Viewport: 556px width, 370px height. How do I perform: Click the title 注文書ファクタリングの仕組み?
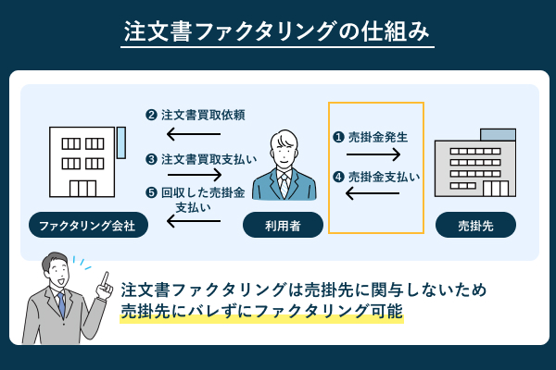(x=278, y=31)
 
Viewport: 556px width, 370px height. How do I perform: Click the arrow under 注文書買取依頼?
(x=195, y=136)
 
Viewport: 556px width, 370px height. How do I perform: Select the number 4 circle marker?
(x=339, y=176)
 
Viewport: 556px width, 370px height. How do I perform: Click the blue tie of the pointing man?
(x=61, y=302)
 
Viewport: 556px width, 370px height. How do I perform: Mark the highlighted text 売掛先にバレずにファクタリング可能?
(x=261, y=313)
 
